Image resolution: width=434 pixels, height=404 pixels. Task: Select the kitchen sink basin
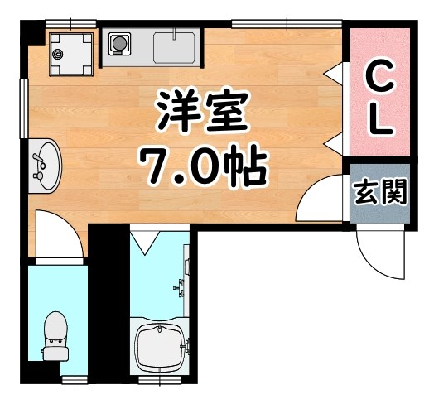coord(175,46)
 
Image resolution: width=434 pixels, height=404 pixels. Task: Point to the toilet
coord(55,335)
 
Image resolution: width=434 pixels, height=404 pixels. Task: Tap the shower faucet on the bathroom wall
coord(181,288)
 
